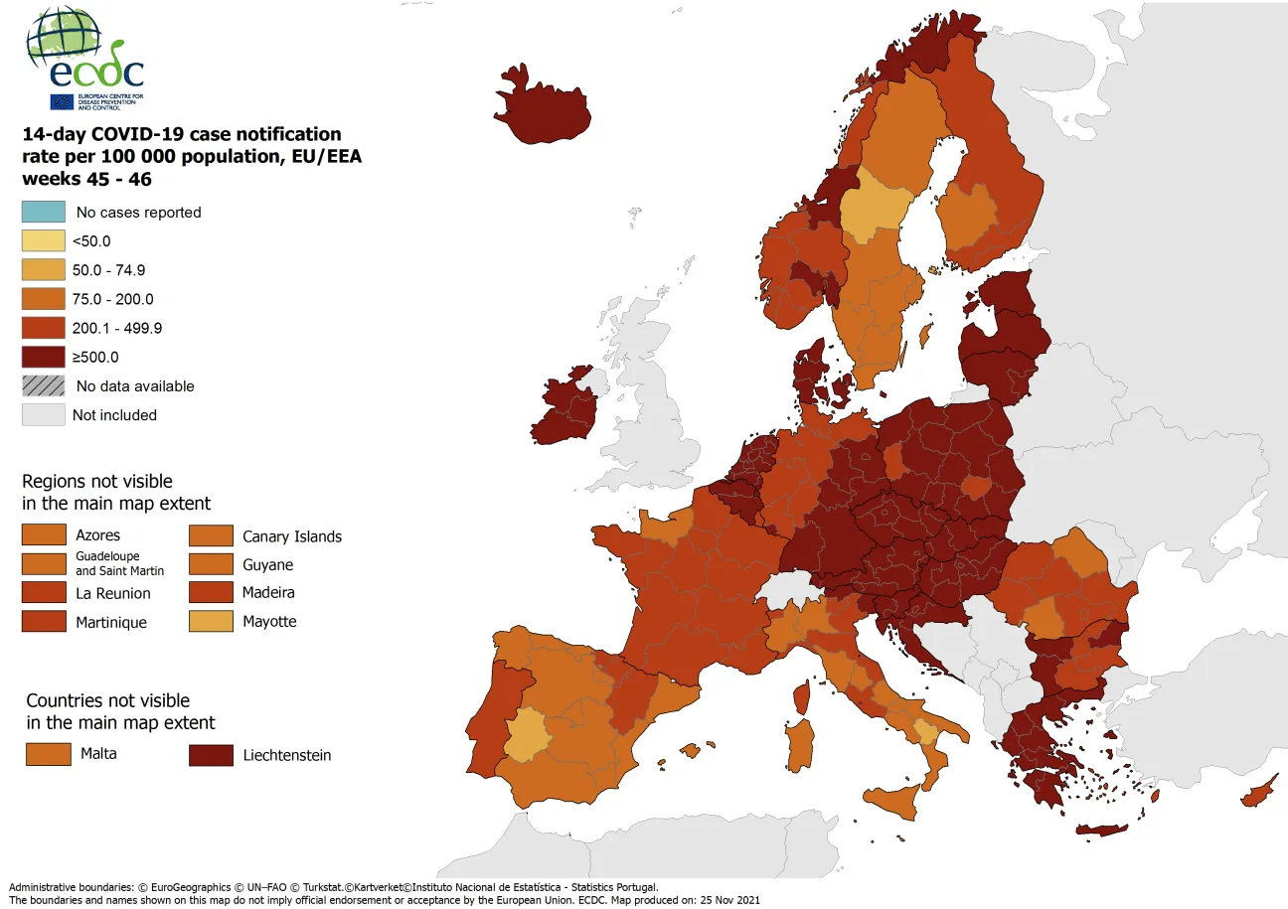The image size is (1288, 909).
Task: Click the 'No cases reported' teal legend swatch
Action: tap(44, 212)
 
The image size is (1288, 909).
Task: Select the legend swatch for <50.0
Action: tap(44, 240)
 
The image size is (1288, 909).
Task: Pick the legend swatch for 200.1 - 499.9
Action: tap(44, 328)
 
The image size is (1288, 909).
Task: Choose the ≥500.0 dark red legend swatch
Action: tap(44, 357)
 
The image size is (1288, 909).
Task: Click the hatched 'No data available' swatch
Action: tap(44, 385)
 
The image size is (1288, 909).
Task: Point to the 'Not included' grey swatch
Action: tap(44, 415)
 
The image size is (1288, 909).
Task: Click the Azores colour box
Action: tap(44, 535)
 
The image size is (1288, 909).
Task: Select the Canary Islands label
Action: tap(292, 536)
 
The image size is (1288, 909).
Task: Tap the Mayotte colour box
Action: tap(211, 622)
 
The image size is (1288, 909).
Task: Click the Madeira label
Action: tap(268, 593)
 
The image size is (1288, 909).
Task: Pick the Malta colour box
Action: tap(48, 754)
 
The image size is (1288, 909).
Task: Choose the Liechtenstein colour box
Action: tap(211, 755)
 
